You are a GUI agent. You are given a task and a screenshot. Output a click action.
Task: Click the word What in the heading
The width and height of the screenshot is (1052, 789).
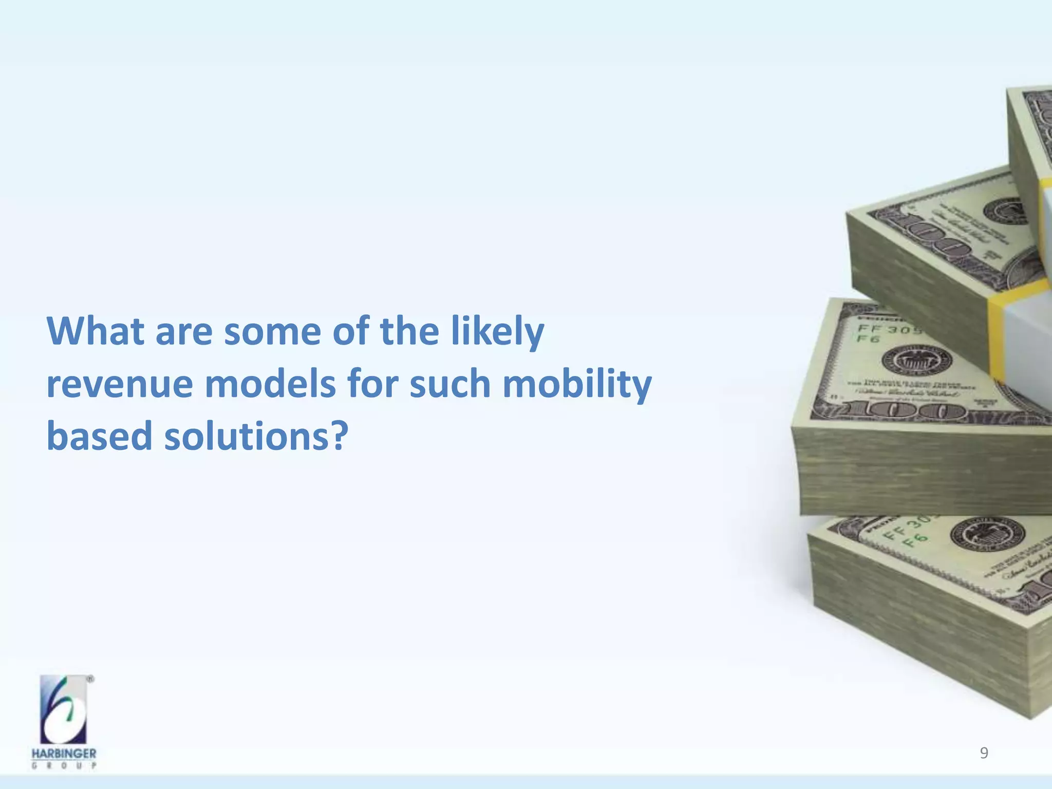[96, 331]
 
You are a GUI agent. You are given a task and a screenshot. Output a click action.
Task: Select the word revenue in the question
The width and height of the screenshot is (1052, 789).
[119, 384]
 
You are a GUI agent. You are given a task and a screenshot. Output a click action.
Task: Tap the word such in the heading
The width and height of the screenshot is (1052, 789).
[450, 384]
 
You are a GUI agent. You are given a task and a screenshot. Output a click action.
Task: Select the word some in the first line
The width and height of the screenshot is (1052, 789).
[272, 331]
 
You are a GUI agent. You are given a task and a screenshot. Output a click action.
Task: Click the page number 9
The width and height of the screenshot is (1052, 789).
[984, 753]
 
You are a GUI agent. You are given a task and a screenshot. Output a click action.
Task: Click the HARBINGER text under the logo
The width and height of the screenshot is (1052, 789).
[64, 754]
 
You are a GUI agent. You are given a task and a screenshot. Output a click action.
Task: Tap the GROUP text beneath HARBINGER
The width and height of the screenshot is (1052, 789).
[64, 766]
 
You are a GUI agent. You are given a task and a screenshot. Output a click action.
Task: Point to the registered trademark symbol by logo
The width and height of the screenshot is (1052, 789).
[90, 679]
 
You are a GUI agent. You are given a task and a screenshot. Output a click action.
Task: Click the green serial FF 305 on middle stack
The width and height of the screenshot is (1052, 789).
[889, 329]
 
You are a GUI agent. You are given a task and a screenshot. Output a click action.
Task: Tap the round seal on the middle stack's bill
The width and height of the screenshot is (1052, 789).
[909, 360]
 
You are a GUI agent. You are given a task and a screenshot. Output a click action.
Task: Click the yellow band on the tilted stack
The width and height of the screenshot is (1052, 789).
[997, 334]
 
